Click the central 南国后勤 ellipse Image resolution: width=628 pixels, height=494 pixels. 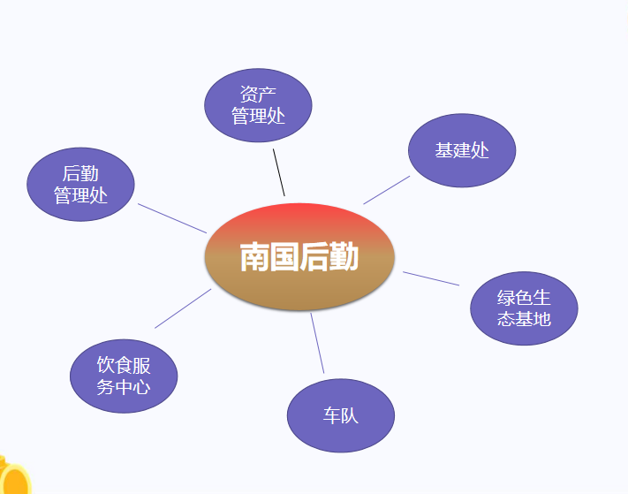coord(299,257)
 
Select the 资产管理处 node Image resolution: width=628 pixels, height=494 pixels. coord(258,104)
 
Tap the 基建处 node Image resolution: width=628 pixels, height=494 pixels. coord(462,150)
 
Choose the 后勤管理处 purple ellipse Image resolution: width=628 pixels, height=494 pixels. coord(80,185)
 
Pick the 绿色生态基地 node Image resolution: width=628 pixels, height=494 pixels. coord(524,308)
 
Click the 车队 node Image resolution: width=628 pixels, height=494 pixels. coord(341,415)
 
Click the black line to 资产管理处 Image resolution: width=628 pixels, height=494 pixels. coord(279,172)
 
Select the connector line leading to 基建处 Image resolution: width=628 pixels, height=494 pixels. coord(387,190)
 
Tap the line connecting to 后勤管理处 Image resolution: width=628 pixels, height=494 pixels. coord(172,218)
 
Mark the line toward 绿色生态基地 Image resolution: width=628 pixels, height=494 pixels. coord(431,278)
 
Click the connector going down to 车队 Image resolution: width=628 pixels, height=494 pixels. coord(317,343)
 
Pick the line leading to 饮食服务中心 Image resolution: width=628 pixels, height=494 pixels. coord(183,308)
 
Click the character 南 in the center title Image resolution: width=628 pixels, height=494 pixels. coord(254,258)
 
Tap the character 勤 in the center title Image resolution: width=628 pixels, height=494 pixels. coord(344,258)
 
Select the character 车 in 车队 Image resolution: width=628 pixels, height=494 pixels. coord(331,416)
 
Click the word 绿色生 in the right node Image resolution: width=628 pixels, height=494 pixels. coord(524,298)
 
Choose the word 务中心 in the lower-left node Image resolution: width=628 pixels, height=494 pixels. coord(124,387)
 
